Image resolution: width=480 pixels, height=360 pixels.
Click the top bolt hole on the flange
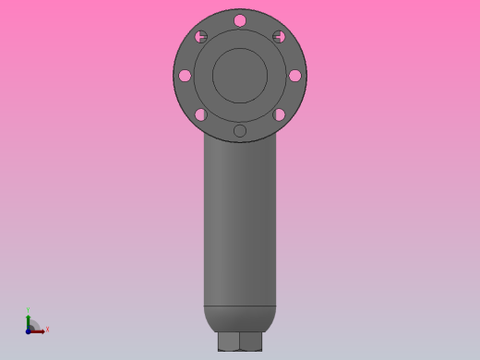(x=240, y=20)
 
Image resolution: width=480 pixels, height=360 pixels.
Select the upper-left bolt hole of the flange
(x=201, y=37)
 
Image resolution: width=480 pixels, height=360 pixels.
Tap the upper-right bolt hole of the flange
(x=279, y=37)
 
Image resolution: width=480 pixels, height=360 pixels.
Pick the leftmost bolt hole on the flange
(x=185, y=76)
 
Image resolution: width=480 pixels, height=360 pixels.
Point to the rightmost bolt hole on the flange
(x=294, y=76)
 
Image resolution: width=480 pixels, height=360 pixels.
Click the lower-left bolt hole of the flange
(x=200, y=114)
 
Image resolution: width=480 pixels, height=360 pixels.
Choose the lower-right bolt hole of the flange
(x=279, y=114)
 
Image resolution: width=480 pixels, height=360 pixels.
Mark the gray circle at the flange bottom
(x=240, y=131)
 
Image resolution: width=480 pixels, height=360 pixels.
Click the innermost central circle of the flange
(x=240, y=76)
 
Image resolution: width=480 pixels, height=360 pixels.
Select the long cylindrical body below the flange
(x=240, y=222)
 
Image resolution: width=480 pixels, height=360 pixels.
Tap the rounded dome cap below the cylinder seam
(x=240, y=318)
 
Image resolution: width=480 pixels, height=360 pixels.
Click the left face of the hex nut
(x=228, y=342)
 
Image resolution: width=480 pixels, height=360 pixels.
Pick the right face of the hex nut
(x=250, y=342)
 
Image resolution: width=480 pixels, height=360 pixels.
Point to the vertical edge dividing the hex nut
(x=239, y=342)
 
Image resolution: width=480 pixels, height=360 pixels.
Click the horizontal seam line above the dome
(x=240, y=306)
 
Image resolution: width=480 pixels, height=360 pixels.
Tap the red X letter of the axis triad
(x=47, y=329)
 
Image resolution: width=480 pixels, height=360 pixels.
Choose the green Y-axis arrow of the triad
(x=29, y=320)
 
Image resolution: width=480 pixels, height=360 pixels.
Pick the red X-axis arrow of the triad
(x=38, y=330)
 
